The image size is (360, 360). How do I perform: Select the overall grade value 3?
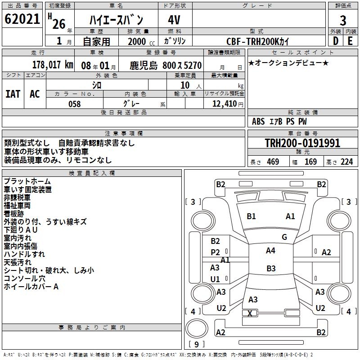coord(343,21)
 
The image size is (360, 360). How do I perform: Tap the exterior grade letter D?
coord(335,40)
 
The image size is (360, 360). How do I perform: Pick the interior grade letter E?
coord(350,40)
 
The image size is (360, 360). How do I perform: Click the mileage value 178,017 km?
coord(53,64)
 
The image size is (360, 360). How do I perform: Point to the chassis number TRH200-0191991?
coord(302,144)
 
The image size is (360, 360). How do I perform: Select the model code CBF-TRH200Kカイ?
coord(258,41)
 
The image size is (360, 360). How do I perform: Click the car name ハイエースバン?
coord(116,21)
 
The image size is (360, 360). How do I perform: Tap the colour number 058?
coord(74,104)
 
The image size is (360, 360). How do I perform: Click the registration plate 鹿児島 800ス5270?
coord(166,65)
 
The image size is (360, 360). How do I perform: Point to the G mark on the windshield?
coord(284,237)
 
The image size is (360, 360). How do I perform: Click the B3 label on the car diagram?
coord(271,269)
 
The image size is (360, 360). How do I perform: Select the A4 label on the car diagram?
coord(270,251)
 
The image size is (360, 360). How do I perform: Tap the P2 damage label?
coord(216,252)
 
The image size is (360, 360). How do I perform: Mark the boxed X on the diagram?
coord(250,313)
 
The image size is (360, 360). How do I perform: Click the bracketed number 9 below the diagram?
coord(196,344)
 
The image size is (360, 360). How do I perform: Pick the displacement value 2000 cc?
coord(140,41)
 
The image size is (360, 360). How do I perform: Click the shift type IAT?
coord(13,94)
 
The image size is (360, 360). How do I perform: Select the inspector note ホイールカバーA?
coord(31,287)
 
